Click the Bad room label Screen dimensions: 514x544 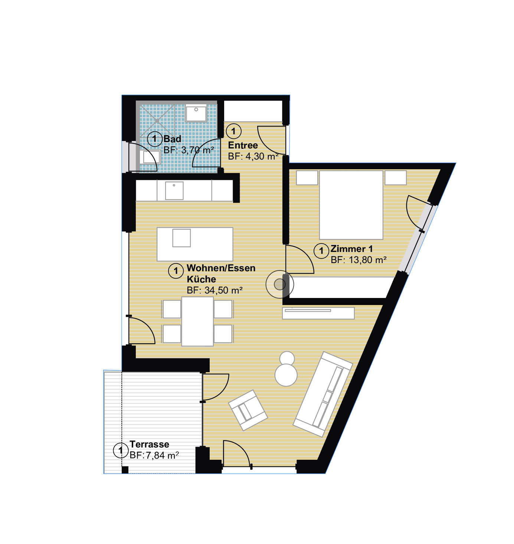[x=172, y=139]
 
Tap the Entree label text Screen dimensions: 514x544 [x=243, y=145]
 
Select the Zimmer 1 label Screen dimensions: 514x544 [x=351, y=249]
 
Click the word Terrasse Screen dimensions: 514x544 [x=149, y=444]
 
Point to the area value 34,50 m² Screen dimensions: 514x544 [x=223, y=290]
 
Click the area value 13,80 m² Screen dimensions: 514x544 [x=367, y=260]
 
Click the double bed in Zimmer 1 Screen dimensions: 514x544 [x=351, y=205]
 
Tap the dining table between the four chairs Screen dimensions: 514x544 [x=197, y=321]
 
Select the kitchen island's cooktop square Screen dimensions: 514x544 [x=181, y=238]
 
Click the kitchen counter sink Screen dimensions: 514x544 [x=174, y=191]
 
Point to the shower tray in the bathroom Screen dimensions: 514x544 [x=157, y=121]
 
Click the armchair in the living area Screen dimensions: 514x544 [x=248, y=410]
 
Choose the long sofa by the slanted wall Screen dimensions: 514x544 [x=323, y=394]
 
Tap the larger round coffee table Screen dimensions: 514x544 [x=286, y=375]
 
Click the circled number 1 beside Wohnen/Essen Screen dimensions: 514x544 [x=176, y=271]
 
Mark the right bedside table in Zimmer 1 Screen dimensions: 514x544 [x=395, y=177]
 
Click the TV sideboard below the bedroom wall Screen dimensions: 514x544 [x=318, y=313]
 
